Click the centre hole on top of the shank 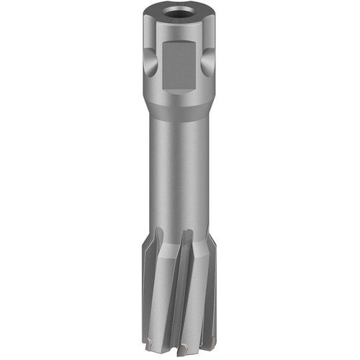[180, 13]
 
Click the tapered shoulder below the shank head [180, 108]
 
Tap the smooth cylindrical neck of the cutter [180, 173]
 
